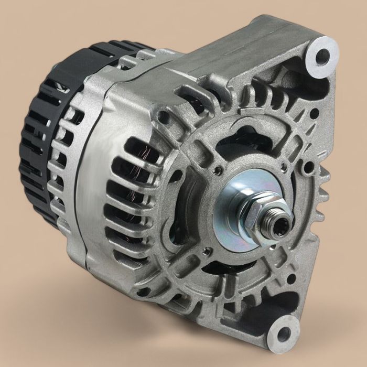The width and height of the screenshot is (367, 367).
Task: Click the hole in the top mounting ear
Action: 321,54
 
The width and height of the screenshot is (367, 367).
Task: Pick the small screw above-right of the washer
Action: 283,167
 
